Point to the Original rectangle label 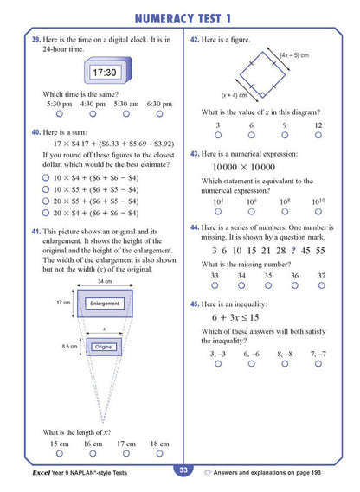tap(105, 347)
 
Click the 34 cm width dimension tap(105, 282)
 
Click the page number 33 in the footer tap(182, 470)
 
